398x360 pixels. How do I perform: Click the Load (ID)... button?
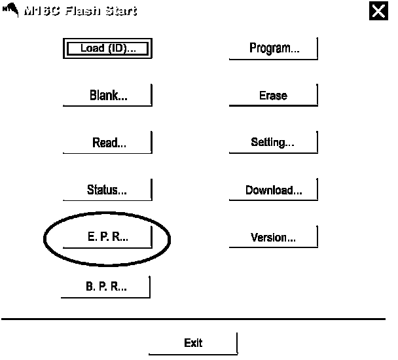pos(107,48)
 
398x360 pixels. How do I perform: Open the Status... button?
pos(107,190)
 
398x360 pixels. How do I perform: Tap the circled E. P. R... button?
pos(107,238)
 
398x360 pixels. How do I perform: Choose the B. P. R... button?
pos(106,287)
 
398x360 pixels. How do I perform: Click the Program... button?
pos(274,48)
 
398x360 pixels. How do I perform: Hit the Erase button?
pos(273,96)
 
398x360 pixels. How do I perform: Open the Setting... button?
pos(273,143)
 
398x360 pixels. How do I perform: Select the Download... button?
pos(273,190)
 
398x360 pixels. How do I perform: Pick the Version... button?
pos(273,238)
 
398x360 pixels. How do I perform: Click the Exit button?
pos(193,343)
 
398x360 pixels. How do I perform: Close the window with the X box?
pos(378,11)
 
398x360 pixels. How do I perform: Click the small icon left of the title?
pos(10,10)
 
